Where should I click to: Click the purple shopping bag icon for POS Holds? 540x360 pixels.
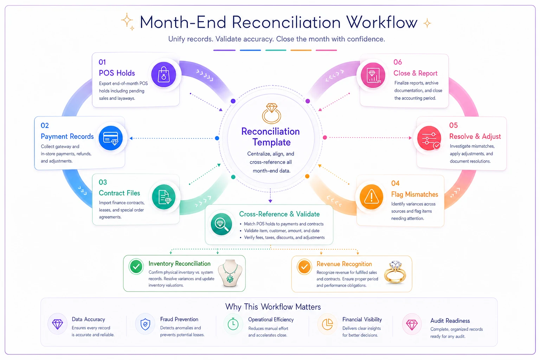point(163,75)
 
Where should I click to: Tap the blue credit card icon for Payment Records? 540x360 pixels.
point(111,138)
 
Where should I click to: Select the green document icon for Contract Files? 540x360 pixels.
point(164,197)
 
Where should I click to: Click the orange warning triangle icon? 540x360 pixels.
point(371,197)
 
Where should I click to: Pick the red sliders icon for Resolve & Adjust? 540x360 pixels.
point(429,138)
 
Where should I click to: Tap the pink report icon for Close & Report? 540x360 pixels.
point(373,75)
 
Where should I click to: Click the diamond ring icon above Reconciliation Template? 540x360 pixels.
point(271,113)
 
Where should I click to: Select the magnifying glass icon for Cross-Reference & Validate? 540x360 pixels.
point(221,224)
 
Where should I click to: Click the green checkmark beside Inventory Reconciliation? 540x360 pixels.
point(136,266)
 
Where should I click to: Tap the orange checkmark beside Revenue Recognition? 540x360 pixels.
point(304,267)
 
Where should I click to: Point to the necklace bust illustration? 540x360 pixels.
point(230,273)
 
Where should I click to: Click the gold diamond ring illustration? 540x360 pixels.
point(395,272)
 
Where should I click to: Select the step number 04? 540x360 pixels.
point(396,183)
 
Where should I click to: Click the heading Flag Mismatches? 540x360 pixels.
point(414,194)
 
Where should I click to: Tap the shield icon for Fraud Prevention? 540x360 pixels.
point(145,324)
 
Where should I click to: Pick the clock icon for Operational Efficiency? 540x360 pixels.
point(233,324)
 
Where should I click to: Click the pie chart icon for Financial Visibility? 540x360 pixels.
point(327,324)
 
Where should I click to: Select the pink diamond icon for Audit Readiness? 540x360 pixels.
point(412,325)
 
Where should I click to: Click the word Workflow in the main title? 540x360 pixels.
point(382,22)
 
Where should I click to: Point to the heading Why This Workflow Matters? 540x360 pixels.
point(273,307)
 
